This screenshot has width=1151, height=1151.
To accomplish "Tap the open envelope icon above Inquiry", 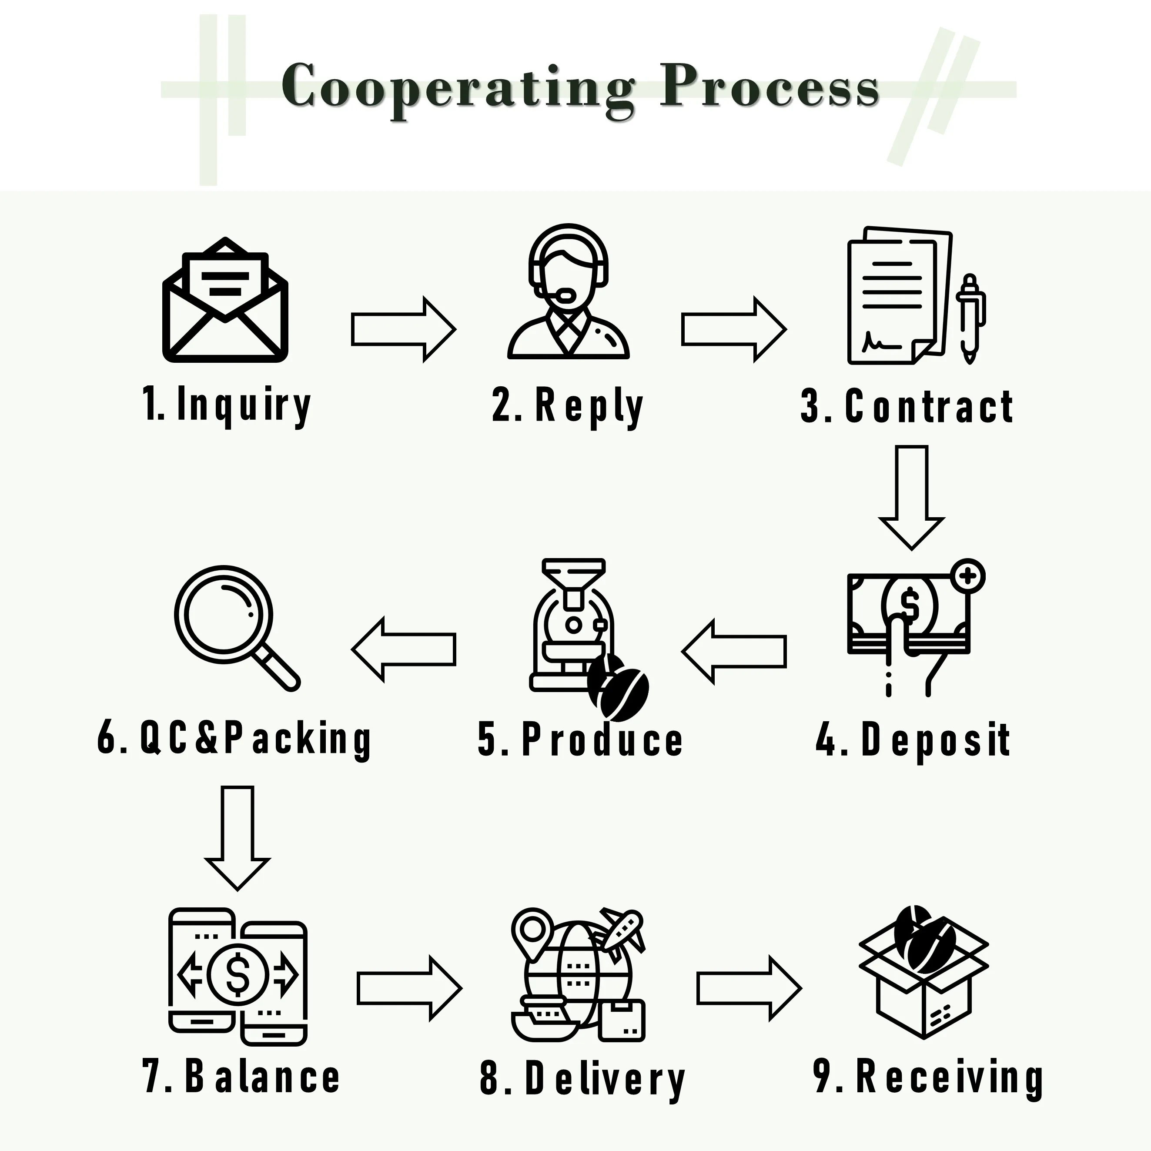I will click(225, 301).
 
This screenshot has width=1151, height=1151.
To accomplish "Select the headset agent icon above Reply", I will click(569, 292).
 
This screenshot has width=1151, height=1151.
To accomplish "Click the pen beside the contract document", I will click(970, 319).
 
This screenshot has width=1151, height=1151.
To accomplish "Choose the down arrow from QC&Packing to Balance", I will click(237, 837).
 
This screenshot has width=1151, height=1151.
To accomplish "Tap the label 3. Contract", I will click(907, 406).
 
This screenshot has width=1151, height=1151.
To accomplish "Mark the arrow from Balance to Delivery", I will click(409, 988).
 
